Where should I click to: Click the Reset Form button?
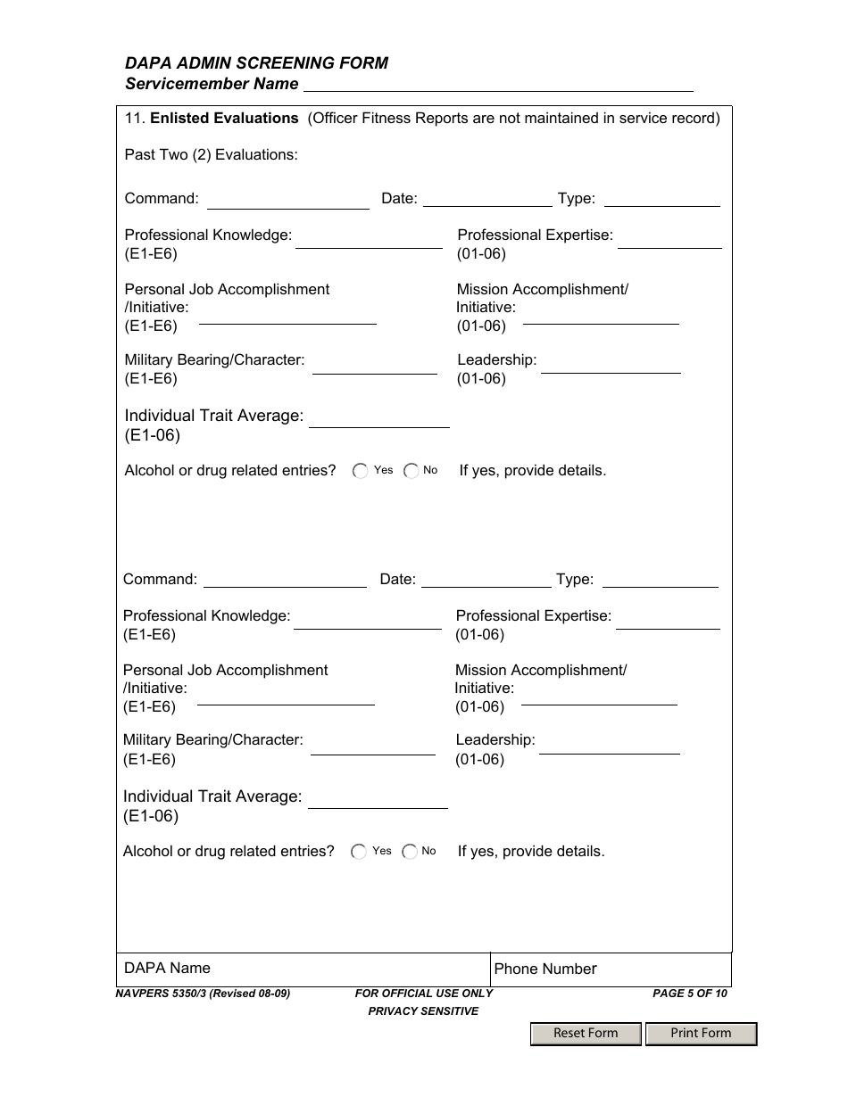(586, 1033)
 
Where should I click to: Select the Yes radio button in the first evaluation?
(361, 471)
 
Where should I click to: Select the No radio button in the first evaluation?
(412, 471)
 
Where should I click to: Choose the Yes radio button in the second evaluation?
(359, 852)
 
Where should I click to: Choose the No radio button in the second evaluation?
(410, 852)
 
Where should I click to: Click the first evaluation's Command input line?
(287, 201)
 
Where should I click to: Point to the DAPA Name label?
(168, 968)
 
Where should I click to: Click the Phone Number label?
(545, 969)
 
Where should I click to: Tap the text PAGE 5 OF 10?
(690, 994)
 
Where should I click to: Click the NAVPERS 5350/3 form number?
(203, 994)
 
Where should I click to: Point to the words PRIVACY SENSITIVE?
(423, 1011)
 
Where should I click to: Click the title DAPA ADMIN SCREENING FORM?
(256, 62)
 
